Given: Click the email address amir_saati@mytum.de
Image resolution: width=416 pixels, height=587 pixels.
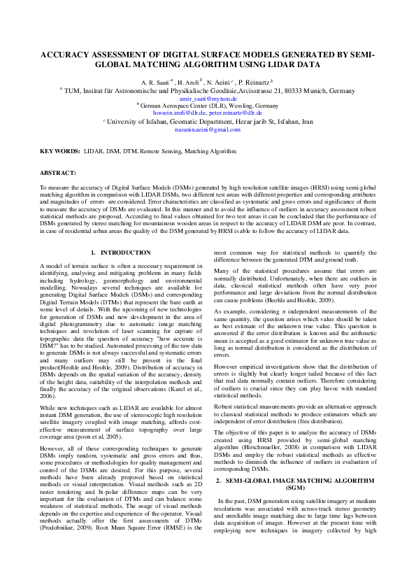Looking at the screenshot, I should (208, 99).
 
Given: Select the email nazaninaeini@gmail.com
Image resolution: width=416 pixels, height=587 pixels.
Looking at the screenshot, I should (208, 129).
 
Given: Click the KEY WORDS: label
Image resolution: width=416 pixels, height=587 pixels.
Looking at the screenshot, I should (59, 151).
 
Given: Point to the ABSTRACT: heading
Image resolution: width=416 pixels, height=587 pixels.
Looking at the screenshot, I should (58, 171).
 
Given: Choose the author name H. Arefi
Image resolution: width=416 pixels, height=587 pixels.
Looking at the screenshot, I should (189, 83).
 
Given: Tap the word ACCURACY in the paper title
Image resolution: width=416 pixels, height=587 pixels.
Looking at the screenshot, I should (69, 55).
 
